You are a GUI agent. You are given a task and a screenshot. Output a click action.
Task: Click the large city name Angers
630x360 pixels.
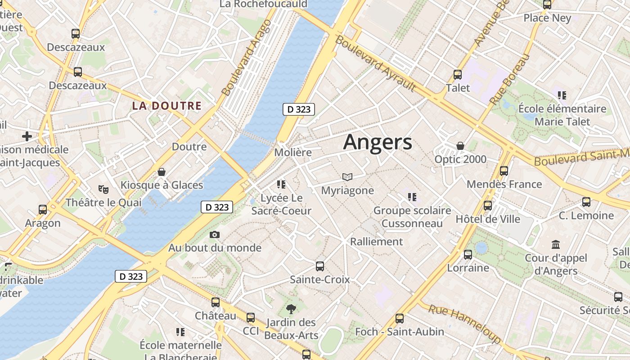(x=377, y=142)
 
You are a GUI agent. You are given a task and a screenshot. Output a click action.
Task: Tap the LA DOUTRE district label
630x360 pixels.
(x=166, y=106)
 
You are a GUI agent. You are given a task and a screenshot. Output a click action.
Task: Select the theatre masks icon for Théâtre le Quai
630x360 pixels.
(x=103, y=189)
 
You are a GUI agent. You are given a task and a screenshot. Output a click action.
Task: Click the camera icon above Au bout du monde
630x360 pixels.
(x=215, y=234)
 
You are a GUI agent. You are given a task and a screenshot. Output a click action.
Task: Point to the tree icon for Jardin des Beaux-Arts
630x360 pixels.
(x=291, y=309)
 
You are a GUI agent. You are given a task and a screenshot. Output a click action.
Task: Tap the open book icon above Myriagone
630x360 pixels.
(x=347, y=177)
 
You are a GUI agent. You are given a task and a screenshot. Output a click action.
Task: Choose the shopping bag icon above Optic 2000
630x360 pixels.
(x=460, y=146)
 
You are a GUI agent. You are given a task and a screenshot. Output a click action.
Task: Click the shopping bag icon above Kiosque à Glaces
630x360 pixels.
(x=162, y=172)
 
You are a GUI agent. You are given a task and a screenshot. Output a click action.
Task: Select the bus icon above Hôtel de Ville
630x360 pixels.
(x=487, y=206)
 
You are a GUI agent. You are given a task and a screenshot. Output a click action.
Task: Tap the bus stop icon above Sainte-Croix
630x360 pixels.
(x=319, y=266)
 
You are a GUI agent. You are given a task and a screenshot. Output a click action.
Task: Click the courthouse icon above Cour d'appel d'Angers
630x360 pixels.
(x=556, y=245)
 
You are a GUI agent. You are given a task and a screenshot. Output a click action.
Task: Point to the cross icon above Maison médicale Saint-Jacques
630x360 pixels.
(x=27, y=136)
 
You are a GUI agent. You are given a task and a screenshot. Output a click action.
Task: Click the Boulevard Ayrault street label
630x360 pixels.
(x=375, y=63)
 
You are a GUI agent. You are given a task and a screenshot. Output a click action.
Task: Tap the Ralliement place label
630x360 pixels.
(x=376, y=242)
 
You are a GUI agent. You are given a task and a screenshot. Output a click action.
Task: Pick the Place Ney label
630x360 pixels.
(x=547, y=18)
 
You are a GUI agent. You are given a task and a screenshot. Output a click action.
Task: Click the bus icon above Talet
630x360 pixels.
(x=458, y=75)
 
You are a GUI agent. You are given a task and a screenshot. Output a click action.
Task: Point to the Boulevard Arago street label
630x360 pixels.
(x=247, y=58)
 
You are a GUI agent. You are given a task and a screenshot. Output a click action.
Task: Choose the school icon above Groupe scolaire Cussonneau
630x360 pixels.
(x=412, y=197)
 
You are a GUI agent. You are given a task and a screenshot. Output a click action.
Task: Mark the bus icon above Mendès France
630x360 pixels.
(x=504, y=171)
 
